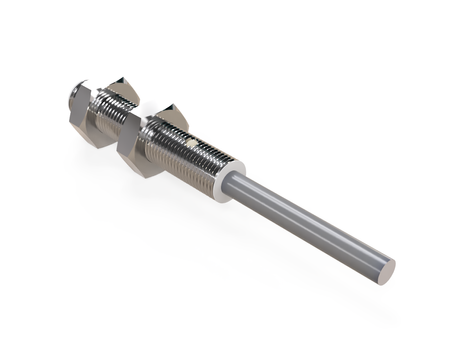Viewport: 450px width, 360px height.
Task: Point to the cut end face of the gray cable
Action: [385, 268]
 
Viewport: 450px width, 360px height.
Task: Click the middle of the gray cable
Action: [310, 226]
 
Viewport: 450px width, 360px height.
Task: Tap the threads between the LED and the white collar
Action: [212, 165]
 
